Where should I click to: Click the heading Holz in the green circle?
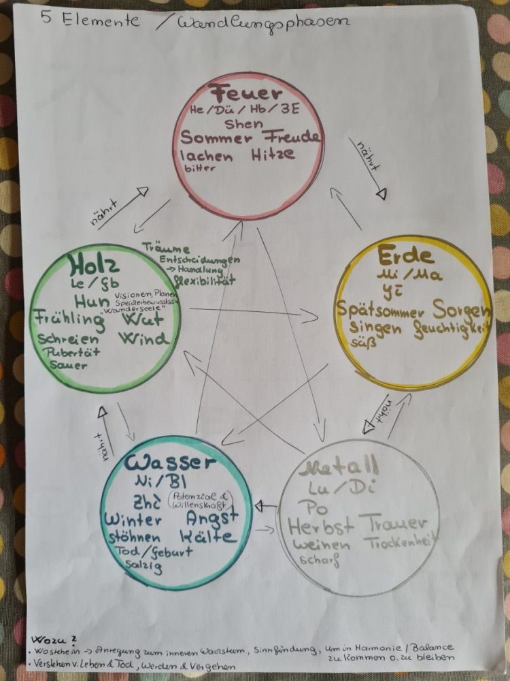pos(89,264)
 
